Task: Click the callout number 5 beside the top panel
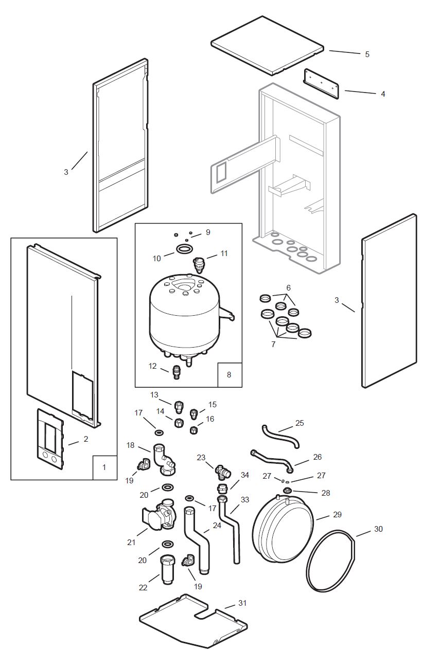(367, 54)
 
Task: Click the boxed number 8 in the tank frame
(229, 374)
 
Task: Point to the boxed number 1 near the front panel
(104, 467)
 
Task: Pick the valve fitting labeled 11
(199, 264)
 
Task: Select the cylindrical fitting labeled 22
(168, 568)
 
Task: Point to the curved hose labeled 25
(280, 436)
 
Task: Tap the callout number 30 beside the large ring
(378, 529)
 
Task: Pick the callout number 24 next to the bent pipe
(217, 526)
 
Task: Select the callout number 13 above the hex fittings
(154, 395)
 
